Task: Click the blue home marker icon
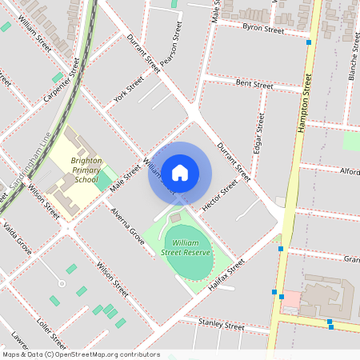point(180,173)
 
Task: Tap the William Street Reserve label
point(186,246)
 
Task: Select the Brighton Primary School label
point(86,170)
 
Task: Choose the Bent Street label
point(254,83)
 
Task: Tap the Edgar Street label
point(258,132)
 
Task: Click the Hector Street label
point(220,195)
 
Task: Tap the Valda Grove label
point(17,239)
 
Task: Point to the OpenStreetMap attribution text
point(80,354)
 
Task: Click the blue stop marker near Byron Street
point(309,42)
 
